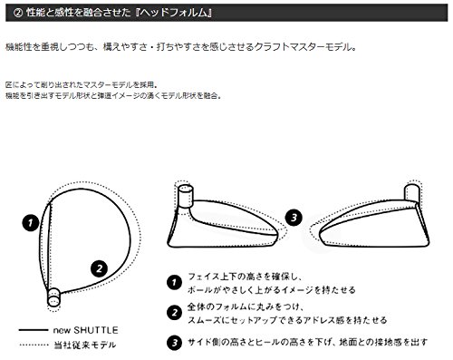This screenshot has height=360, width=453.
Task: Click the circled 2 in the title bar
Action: (18, 13)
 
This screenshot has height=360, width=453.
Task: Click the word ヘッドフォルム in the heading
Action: (174, 13)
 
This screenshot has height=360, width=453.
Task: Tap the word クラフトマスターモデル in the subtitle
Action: (303, 47)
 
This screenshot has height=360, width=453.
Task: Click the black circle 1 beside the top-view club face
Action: (31, 223)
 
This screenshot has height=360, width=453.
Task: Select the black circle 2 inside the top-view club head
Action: (100, 268)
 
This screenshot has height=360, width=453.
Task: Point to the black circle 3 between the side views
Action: (294, 218)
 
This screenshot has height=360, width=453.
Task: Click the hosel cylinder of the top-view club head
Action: (53, 297)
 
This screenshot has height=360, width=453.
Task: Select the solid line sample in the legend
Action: (34, 330)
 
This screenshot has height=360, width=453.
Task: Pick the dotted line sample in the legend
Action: (34, 345)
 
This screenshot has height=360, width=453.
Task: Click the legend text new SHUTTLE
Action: (86, 330)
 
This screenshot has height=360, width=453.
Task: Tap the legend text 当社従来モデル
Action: (85, 345)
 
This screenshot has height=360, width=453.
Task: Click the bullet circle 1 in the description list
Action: (174, 283)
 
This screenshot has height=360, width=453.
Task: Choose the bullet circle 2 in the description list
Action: (174, 313)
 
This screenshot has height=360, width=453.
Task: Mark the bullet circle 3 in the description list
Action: (174, 343)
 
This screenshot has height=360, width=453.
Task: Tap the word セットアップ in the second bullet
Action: (251, 320)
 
